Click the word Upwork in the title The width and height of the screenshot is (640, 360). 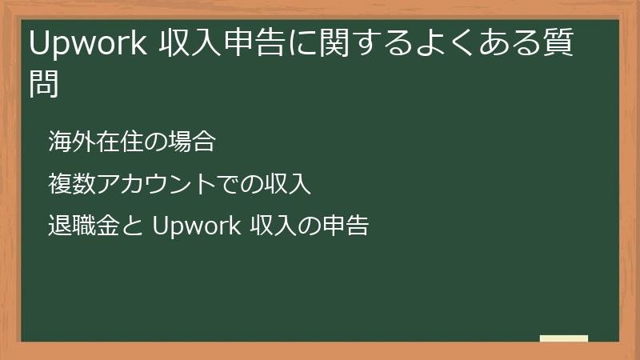pos(87,46)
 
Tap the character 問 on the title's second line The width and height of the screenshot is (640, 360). pos(44,83)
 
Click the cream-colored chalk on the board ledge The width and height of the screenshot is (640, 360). pos(564,338)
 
